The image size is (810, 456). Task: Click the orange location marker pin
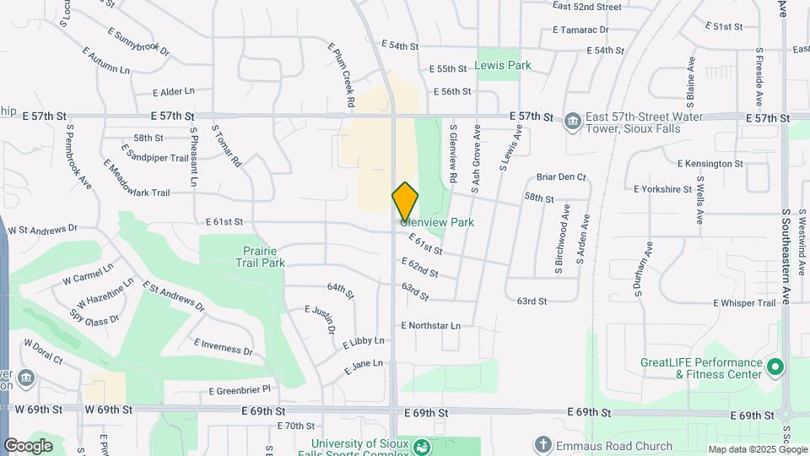click(405, 201)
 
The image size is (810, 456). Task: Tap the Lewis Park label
click(503, 65)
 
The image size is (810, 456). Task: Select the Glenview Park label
click(437, 222)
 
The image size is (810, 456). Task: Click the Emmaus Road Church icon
click(543, 444)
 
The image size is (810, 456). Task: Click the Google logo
click(28, 445)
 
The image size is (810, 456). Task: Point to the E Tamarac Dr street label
click(581, 30)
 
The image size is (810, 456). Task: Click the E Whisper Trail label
click(744, 303)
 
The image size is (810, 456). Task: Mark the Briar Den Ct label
click(561, 177)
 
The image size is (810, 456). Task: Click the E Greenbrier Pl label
click(240, 390)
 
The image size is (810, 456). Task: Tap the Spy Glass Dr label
click(94, 320)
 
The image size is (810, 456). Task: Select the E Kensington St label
click(713, 163)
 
